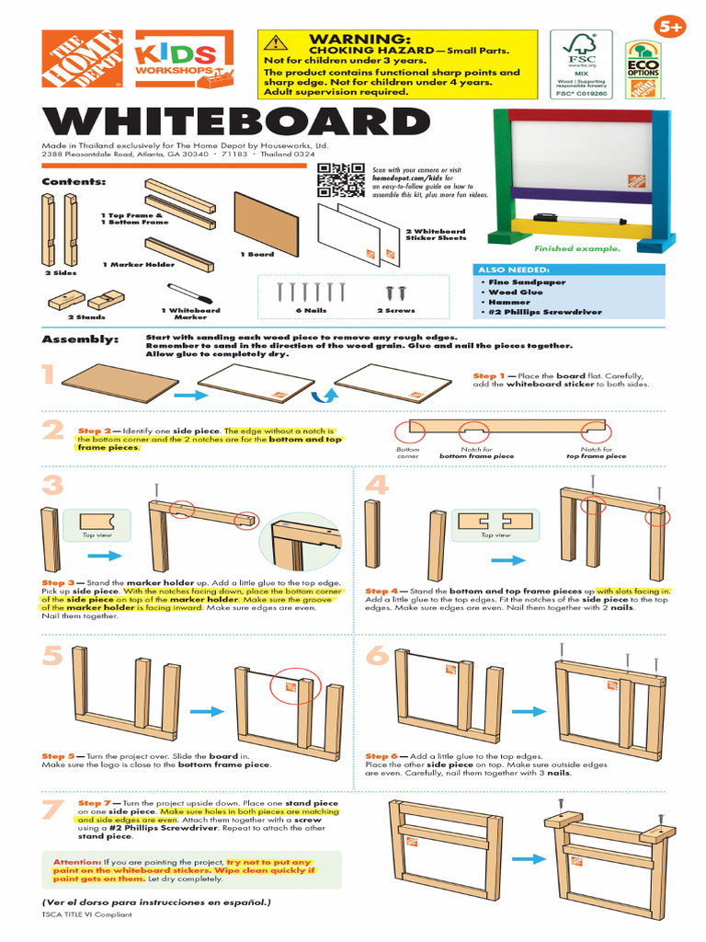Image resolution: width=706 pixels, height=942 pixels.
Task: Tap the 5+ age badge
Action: point(671,28)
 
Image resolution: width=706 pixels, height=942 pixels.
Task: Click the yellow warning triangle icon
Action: point(272,42)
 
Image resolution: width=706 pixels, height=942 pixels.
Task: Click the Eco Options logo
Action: point(643,69)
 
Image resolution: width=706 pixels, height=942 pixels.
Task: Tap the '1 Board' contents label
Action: point(257,254)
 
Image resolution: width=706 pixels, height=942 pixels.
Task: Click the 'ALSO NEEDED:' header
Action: point(506,270)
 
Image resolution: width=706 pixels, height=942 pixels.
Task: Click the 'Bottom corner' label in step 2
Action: point(407,452)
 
